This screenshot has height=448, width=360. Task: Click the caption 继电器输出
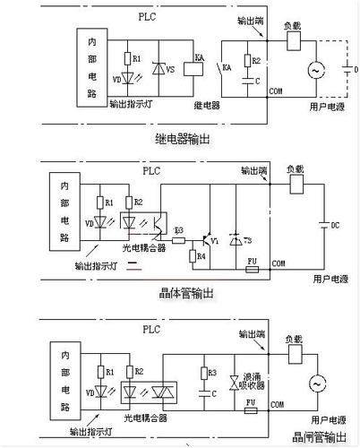click(184, 139)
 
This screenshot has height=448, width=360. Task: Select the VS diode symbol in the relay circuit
click(161, 68)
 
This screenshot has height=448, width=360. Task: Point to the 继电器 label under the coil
click(207, 105)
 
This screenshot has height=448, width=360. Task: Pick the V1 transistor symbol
click(208, 240)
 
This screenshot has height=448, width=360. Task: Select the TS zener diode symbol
click(236, 240)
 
